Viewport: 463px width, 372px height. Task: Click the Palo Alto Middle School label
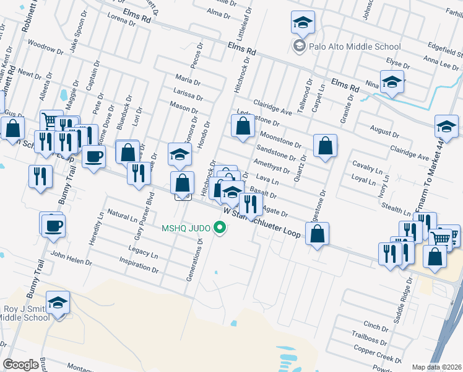click(x=356, y=46)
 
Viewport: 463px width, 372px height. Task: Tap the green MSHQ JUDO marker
click(x=219, y=228)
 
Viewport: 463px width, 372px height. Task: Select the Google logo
click(x=21, y=365)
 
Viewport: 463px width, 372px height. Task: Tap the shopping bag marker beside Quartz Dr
click(x=325, y=146)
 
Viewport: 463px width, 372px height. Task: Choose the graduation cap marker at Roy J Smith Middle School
click(x=58, y=303)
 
